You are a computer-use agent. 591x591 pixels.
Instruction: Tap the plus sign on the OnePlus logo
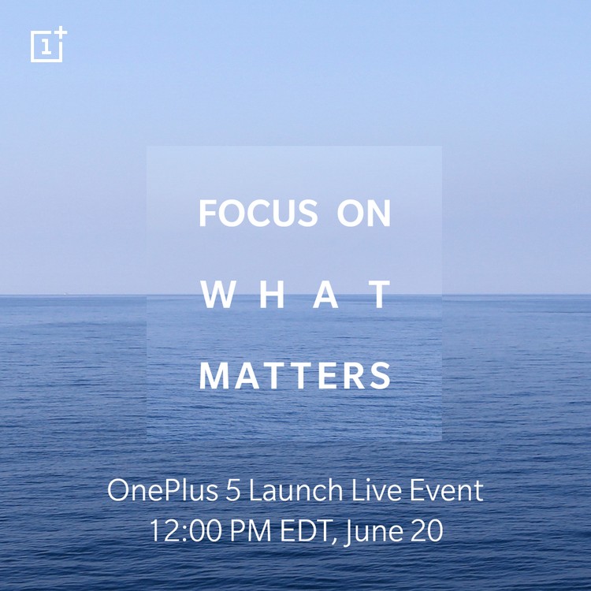[x=61, y=33]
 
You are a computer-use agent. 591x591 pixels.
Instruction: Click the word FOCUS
[x=258, y=213]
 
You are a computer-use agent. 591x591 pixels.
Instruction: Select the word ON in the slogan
[x=364, y=213]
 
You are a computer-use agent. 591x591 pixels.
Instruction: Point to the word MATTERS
[x=295, y=376]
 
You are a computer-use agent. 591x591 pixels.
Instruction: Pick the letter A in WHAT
[x=325, y=295]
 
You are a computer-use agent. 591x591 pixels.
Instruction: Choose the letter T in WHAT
[x=379, y=295]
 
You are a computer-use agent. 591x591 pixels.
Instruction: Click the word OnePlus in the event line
[x=162, y=490]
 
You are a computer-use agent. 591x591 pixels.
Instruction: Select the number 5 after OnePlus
[x=233, y=490]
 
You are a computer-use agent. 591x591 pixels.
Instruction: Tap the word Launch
[x=295, y=490]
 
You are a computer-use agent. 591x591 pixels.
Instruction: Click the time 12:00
[x=186, y=530]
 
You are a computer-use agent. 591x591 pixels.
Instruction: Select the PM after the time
[x=251, y=530]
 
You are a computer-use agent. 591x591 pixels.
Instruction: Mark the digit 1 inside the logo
[x=46, y=47]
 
